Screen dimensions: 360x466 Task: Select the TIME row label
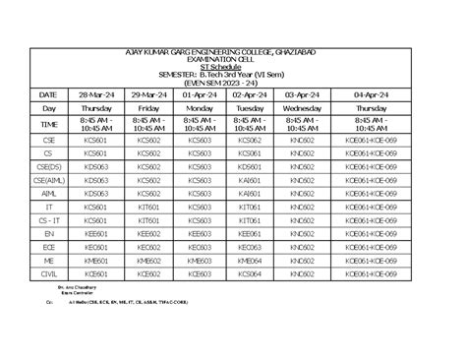48,125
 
